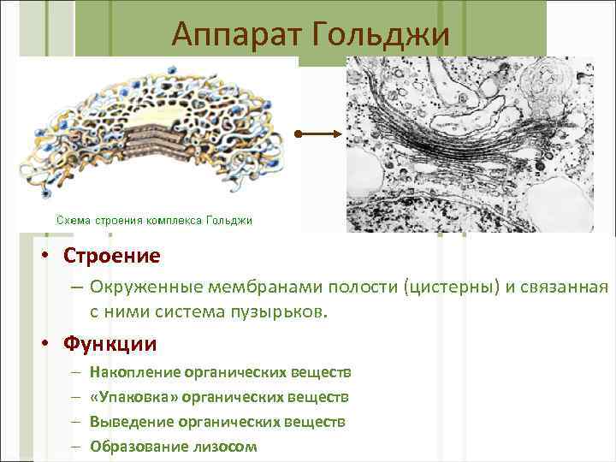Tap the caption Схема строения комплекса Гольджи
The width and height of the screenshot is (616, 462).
pos(154,221)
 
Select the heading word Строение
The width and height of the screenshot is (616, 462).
pos(111,256)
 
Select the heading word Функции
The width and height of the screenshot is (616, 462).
pos(110,344)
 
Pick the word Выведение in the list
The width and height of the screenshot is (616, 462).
pos(133,422)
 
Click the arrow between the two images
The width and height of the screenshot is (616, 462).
pos(321,134)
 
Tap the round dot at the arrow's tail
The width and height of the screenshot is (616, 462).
pos(298,134)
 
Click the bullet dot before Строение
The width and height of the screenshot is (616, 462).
pos(52,257)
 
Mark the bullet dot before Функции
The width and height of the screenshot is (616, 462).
pos(52,345)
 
